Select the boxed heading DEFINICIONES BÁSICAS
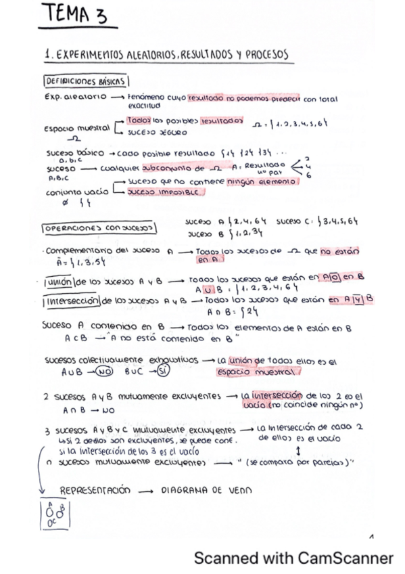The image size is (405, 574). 85,81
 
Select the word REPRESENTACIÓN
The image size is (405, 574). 95,490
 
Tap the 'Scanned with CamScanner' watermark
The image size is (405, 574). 293,558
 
